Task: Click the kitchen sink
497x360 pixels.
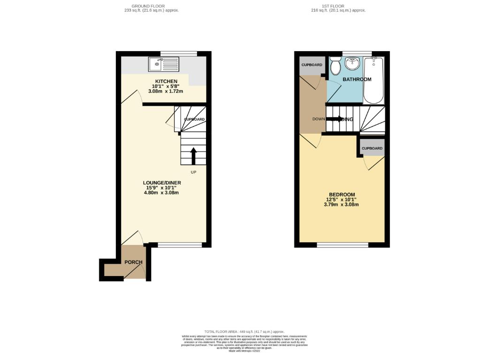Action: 163,64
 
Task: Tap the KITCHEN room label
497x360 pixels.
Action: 163,81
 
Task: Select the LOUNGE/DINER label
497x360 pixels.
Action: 162,183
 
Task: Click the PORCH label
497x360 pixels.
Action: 133,262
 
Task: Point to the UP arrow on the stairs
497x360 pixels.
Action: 193,156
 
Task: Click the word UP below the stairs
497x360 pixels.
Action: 193,172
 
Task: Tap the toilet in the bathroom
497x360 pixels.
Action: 336,67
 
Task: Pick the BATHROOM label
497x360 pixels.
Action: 357,79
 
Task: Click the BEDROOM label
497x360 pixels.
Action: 342,194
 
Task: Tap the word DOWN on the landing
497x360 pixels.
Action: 319,119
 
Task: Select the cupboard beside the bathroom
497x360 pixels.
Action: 312,65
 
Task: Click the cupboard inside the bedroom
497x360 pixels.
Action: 372,148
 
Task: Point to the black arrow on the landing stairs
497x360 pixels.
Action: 335,119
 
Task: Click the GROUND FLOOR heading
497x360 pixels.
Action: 148,6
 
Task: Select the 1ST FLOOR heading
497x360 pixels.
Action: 338,6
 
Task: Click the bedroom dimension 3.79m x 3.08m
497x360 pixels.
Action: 342,205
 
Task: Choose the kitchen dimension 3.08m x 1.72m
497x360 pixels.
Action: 163,91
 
